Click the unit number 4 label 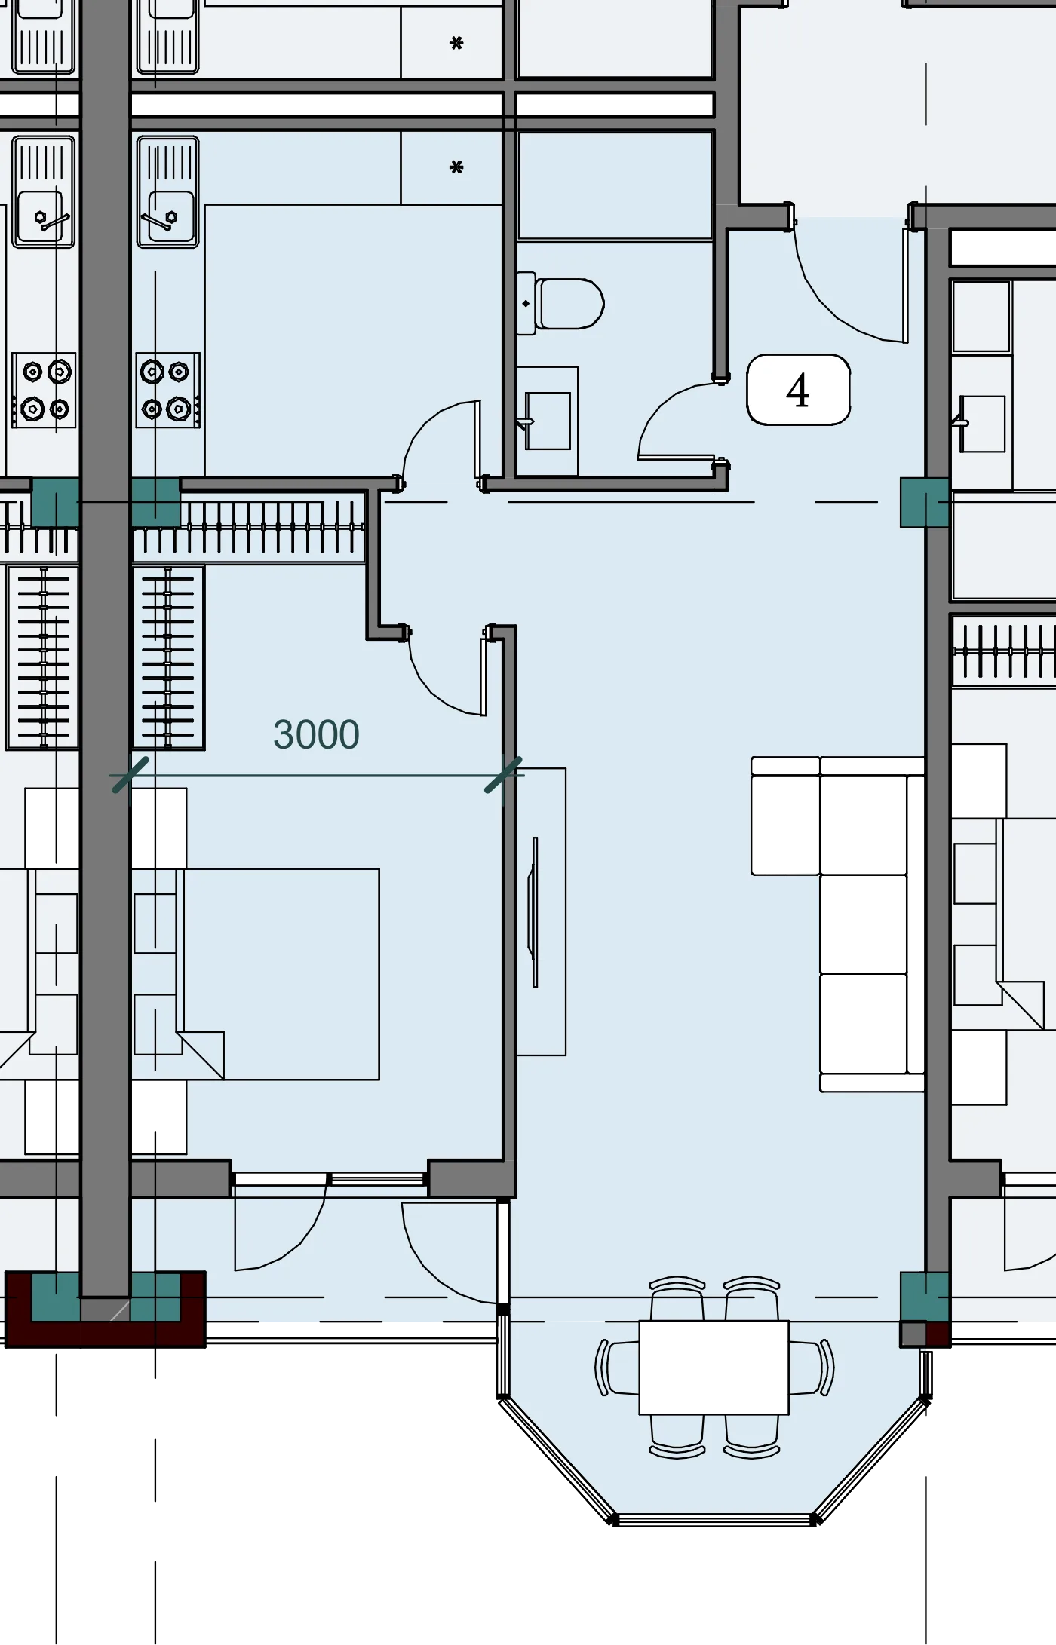click(798, 390)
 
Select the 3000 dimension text click(316, 734)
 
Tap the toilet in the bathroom click(561, 303)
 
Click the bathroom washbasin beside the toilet click(548, 421)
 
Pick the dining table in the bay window click(714, 1367)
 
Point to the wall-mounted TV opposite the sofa click(535, 911)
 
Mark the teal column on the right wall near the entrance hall click(925, 502)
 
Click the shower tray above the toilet click(615, 186)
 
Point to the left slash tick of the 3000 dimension click(130, 775)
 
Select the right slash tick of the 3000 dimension click(503, 775)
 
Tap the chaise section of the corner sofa click(785, 816)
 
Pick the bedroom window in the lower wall click(330, 1178)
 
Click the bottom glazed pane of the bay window click(714, 1519)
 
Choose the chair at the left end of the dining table click(617, 1367)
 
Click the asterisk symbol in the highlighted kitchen click(456, 167)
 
